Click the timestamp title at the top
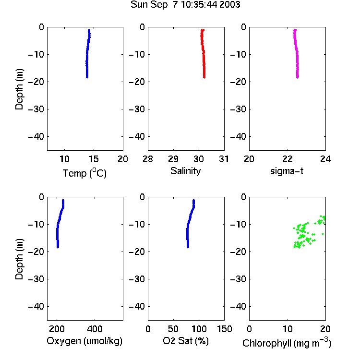point(185,4)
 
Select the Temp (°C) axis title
point(84,173)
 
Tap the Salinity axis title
point(185,171)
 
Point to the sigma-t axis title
point(287,171)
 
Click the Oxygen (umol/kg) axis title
point(84,341)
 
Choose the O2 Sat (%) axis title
point(186,341)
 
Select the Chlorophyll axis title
point(287,343)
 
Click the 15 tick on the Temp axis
point(94,159)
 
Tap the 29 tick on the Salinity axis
point(173,159)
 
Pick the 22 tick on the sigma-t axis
point(288,159)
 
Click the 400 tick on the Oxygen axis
point(95,329)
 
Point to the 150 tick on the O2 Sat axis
point(225,329)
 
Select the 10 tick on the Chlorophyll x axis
point(288,329)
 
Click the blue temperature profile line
point(87,54)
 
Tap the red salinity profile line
point(204,54)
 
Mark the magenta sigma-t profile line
point(297,54)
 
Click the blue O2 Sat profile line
point(189,224)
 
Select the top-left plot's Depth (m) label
point(19,89)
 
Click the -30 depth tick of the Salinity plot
point(137,109)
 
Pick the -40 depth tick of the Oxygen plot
point(36,306)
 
